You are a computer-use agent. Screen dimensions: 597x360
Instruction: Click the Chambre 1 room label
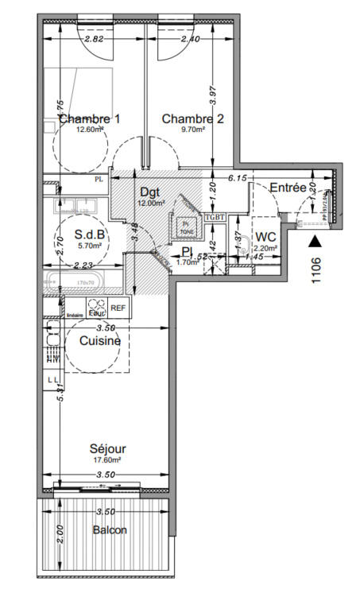pyautogui.click(x=90, y=119)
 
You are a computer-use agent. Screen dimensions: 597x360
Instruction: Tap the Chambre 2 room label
pyautogui.click(x=192, y=119)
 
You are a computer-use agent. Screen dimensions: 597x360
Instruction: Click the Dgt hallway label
pyautogui.click(x=149, y=192)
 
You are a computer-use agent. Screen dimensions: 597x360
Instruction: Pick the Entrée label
pyautogui.click(x=288, y=188)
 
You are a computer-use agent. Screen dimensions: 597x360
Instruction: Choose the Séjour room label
pyautogui.click(x=107, y=449)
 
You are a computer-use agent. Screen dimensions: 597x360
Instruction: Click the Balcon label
pyautogui.click(x=109, y=530)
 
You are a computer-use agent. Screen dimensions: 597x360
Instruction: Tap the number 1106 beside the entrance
pyautogui.click(x=316, y=270)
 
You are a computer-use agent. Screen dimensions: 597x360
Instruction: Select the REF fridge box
pyautogui.click(x=118, y=308)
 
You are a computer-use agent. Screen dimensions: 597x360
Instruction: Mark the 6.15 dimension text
pyautogui.click(x=237, y=179)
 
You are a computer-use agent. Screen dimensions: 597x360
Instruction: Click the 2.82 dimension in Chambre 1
pyautogui.click(x=94, y=38)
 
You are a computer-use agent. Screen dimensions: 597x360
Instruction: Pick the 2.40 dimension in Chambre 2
pyautogui.click(x=190, y=38)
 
